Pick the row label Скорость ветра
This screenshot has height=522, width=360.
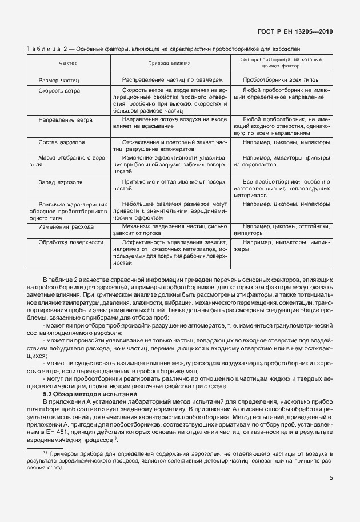pyautogui.click(x=59, y=90)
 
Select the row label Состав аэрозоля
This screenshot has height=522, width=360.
pyautogui.click(x=62, y=141)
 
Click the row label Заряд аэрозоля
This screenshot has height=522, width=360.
pyautogui.click(x=61, y=182)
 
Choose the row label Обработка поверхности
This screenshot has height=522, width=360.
pyautogui.click(x=71, y=242)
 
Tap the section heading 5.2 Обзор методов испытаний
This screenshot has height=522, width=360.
pyautogui.click(x=90, y=395)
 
